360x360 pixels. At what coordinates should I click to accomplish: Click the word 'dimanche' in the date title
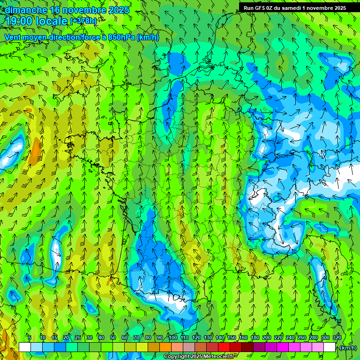25,9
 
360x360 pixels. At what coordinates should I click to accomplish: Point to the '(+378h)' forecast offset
83,21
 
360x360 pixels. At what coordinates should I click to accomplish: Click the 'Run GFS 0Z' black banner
295,7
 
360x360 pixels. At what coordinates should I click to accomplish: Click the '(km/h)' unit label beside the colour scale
348,348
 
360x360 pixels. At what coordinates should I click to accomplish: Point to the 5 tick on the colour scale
30,337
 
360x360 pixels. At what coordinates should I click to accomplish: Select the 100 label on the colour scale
173,337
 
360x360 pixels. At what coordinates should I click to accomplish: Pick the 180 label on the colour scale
255,337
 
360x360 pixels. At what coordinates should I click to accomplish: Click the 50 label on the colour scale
113,337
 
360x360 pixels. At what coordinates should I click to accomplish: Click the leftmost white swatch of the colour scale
25,347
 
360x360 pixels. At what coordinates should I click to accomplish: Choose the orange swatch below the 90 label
165,347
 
